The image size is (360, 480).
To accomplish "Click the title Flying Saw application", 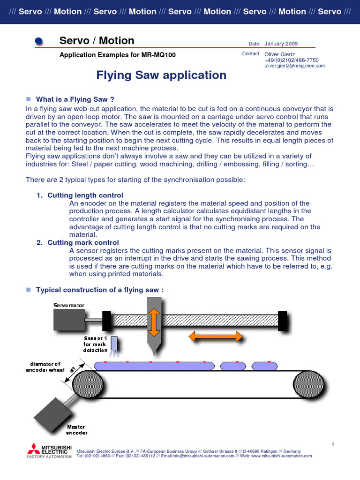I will (x=161, y=75).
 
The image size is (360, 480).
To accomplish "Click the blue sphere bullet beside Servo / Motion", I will (x=40, y=42).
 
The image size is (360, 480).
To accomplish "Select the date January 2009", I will (x=281, y=44).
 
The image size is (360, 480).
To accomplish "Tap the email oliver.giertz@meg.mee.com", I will (x=294, y=66).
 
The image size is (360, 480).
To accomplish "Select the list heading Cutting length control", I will (x=85, y=195).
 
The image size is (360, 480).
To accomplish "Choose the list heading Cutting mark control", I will (x=83, y=242).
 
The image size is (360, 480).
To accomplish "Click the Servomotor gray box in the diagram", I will (x=69, y=320).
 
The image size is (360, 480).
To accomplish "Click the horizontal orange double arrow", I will (x=215, y=336).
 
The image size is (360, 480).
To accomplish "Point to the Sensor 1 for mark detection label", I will (x=96, y=344).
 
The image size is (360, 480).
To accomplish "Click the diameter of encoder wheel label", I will (x=45, y=367).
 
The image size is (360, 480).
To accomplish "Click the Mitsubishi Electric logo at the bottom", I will (x=49, y=450).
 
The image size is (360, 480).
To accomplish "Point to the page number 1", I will (x=332, y=443).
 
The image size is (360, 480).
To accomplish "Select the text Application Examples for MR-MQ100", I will (x=117, y=55).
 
